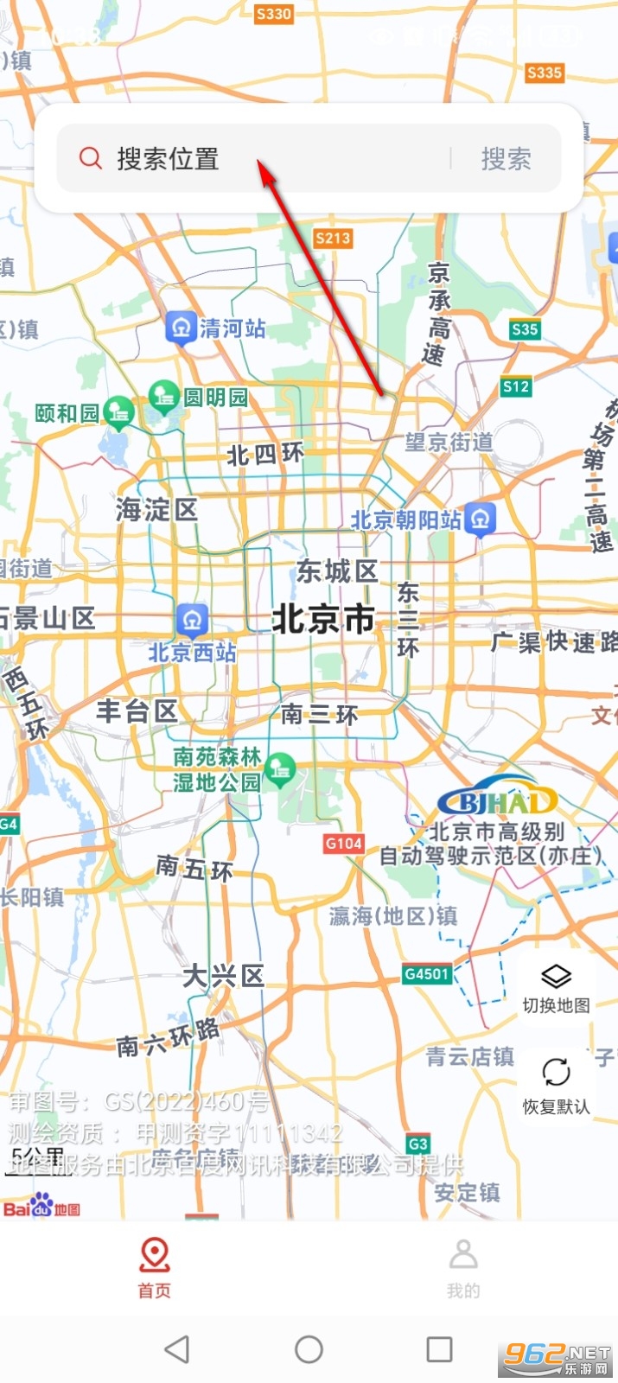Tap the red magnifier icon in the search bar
coord(91,158)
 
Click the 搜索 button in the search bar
coord(506,159)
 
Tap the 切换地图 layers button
coord(556,988)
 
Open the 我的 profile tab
coord(463,1266)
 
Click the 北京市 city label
coord(323,619)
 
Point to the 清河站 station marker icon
coord(182,327)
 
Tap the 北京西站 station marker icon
coord(192,619)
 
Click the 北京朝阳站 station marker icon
coord(481,519)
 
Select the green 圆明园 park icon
coord(163,397)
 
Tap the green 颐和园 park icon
coord(118,412)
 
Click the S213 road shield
coord(333,238)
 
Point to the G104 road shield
coord(344,843)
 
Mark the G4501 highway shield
coord(427,974)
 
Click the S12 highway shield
coord(516,386)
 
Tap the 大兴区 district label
coord(223,976)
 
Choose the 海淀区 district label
coord(156,509)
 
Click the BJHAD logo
coord(497,801)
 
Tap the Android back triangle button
coord(177,1348)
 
